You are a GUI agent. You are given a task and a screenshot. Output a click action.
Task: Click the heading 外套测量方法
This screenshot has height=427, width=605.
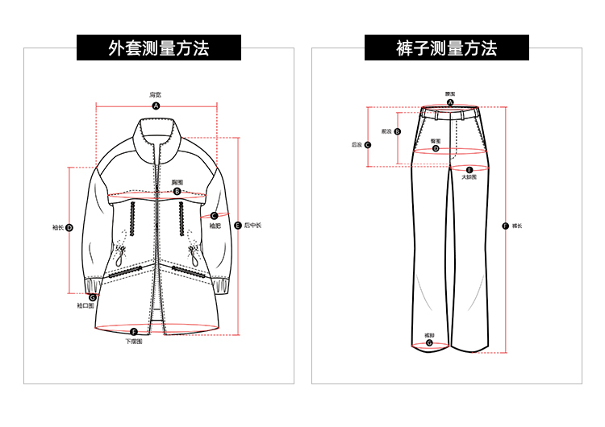tap(158, 48)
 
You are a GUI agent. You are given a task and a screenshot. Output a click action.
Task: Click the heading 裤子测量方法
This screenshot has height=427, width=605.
tap(446, 48)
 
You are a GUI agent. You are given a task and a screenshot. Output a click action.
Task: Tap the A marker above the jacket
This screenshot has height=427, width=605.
tap(156, 106)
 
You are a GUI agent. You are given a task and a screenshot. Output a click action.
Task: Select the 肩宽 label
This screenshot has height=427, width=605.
tap(156, 94)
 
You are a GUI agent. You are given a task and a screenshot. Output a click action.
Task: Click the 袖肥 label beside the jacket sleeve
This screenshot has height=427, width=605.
tap(215, 226)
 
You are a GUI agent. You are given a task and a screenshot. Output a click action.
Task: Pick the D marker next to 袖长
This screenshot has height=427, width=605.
tap(69, 228)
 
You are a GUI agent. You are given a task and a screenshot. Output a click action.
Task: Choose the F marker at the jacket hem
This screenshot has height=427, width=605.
tap(134, 331)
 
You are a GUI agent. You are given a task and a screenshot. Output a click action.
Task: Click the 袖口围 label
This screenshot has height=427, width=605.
tap(86, 306)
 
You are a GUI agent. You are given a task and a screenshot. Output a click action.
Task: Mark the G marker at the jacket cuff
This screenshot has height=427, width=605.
tap(93, 297)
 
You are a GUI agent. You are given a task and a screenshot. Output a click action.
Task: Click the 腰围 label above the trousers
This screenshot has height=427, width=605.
tap(450, 93)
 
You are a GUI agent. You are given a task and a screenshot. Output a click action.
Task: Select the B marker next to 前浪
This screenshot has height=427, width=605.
tap(398, 131)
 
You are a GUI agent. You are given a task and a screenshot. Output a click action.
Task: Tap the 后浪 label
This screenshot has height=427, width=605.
tap(357, 145)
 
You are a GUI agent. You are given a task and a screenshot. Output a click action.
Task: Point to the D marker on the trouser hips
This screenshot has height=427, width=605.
tap(436, 148)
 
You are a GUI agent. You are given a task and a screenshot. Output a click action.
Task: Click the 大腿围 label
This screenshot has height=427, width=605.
tap(469, 177)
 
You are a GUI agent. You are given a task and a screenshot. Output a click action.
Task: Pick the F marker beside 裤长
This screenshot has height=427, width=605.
tap(505, 226)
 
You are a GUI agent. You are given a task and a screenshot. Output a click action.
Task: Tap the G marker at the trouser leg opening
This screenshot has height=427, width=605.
tap(429, 342)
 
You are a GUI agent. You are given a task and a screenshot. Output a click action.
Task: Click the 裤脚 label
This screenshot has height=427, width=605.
tap(429, 334)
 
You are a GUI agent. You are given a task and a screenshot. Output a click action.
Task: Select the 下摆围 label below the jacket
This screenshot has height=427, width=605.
tap(134, 342)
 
